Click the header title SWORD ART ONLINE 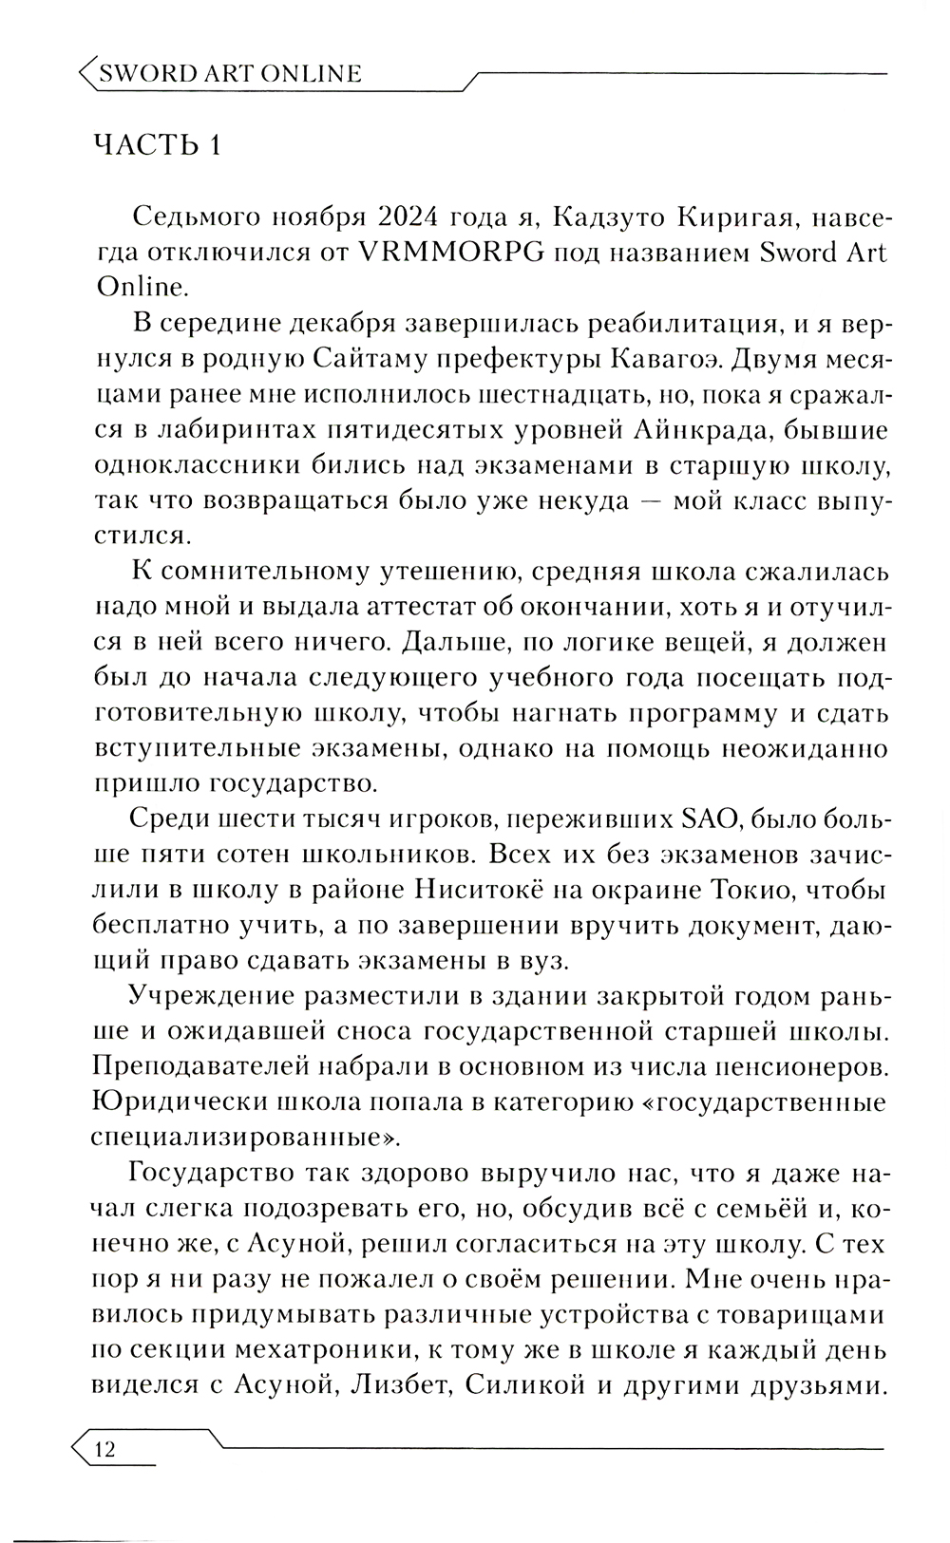pos(231,73)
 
